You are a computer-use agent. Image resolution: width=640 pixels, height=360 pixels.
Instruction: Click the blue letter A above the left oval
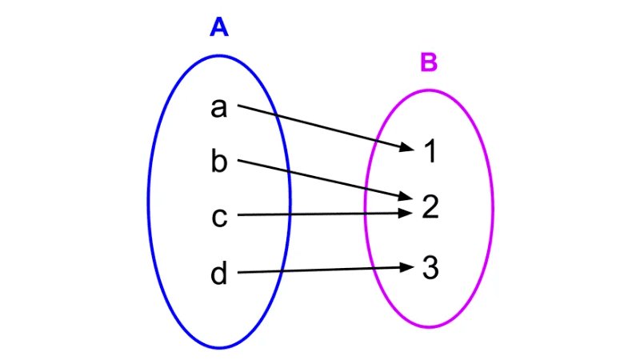click(x=219, y=28)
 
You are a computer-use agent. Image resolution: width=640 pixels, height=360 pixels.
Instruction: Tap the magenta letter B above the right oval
click(x=429, y=62)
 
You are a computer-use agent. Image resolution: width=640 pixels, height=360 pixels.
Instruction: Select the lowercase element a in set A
click(x=218, y=108)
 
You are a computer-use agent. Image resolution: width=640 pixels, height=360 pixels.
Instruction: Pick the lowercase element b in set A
click(x=219, y=162)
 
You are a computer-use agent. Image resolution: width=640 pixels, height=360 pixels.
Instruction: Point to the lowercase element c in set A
click(x=219, y=217)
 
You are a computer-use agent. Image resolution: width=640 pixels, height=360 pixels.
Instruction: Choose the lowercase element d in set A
click(x=219, y=274)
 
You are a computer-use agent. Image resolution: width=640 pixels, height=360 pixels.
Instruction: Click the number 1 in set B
click(x=430, y=151)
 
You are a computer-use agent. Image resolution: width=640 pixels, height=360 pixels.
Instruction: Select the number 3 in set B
click(x=430, y=268)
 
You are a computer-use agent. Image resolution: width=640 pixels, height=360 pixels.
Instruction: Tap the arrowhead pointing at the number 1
click(x=407, y=147)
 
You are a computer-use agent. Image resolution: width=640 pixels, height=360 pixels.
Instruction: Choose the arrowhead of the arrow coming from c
click(x=406, y=213)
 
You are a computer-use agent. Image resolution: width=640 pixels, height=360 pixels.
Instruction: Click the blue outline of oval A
click(x=149, y=200)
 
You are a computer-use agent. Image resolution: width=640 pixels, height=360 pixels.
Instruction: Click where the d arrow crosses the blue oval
click(x=283, y=271)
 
